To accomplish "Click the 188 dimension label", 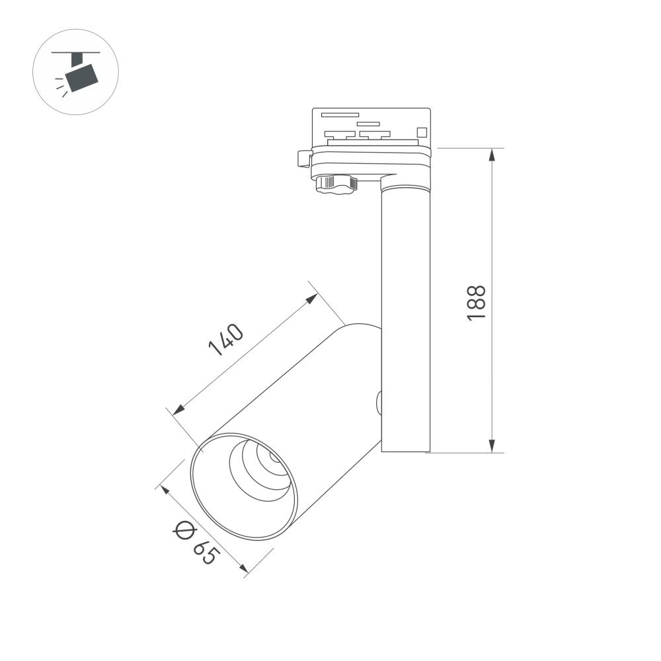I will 477,303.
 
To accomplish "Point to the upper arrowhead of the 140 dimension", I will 312,299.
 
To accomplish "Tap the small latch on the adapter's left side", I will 304,159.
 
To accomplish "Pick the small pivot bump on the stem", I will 379,401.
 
